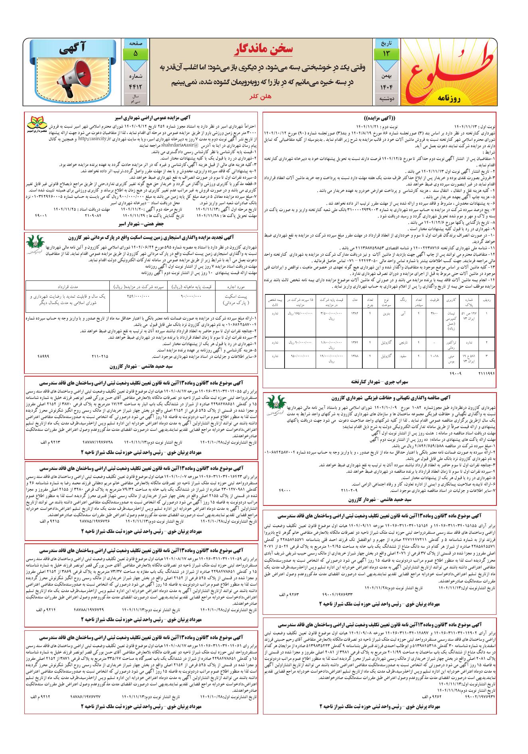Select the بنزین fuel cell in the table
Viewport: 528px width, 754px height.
tap(386, 314)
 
